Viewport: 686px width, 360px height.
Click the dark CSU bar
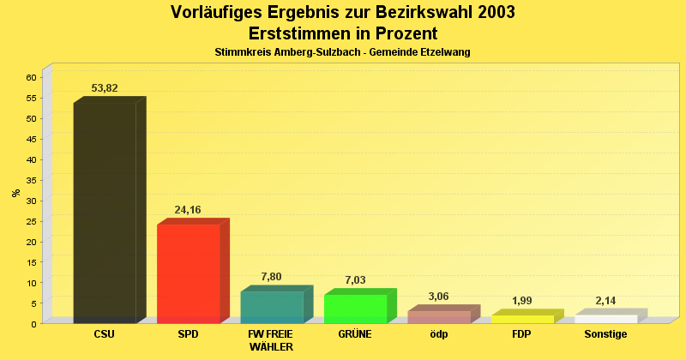[105, 213]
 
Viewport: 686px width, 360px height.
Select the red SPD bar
[189, 273]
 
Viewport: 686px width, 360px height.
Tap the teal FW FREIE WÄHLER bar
[272, 307]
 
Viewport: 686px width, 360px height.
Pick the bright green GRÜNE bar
[355, 309]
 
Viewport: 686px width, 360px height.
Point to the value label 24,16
[188, 209]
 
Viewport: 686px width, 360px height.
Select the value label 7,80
[271, 276]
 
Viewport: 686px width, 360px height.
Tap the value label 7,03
[355, 279]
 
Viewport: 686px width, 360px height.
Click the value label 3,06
[438, 296]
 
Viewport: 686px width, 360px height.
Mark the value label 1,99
[521, 300]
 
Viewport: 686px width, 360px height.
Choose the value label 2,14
[605, 300]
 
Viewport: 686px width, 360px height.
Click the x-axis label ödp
[438, 334]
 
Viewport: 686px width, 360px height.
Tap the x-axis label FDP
[521, 334]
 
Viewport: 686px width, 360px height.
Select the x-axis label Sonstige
[605, 334]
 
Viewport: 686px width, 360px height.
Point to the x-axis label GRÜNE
[355, 334]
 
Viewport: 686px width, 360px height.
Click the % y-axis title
[15, 193]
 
